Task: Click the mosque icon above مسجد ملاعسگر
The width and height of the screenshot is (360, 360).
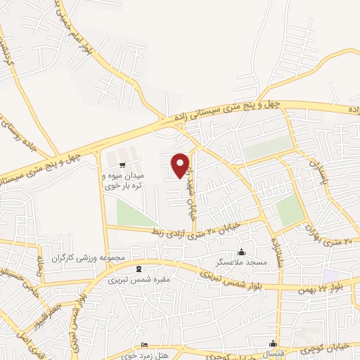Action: coord(242,252)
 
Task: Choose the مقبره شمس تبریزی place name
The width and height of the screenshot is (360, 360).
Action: coord(138,279)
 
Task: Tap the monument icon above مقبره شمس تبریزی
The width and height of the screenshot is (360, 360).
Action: coord(138,269)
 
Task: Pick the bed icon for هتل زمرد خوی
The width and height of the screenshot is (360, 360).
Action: coord(145,345)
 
